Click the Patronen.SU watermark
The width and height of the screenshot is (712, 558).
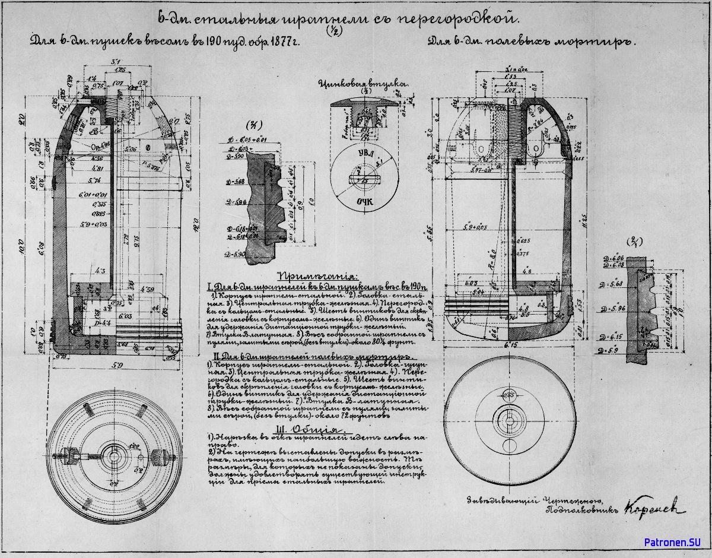click(x=672, y=542)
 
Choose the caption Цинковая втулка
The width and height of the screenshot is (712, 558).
click(x=363, y=84)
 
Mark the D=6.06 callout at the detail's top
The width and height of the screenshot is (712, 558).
click(x=614, y=258)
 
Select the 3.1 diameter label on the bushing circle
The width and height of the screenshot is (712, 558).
click(x=379, y=161)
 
